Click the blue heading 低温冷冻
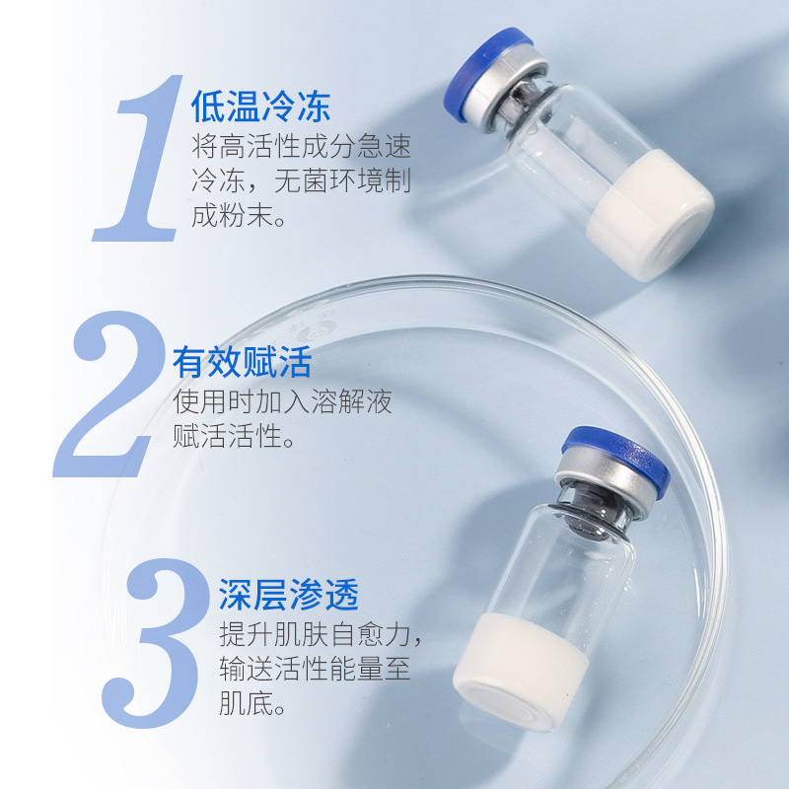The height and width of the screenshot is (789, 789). click(260, 106)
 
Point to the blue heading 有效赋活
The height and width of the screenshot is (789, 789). click(242, 362)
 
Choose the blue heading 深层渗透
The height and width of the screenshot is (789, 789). click(288, 594)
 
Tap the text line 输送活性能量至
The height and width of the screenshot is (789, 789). click(315, 668)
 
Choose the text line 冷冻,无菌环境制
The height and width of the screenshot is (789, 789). click(301, 181)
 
